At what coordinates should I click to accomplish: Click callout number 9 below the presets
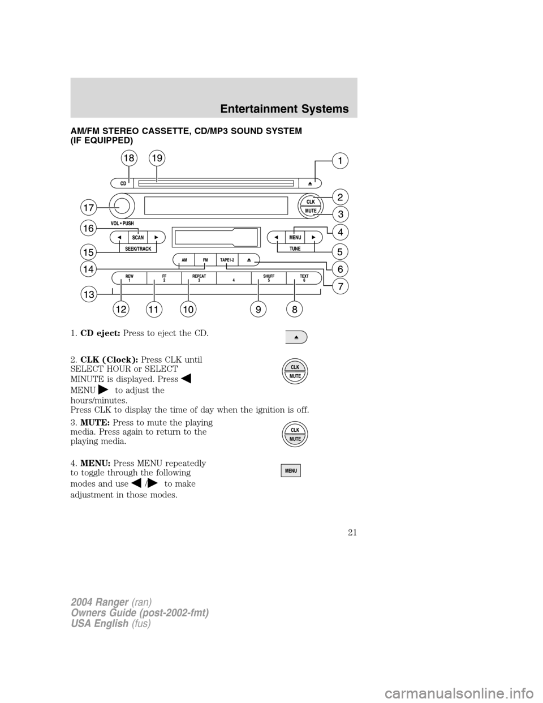click(x=257, y=309)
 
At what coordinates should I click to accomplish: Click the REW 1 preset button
click(x=130, y=278)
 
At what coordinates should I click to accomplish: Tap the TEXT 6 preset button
click(x=304, y=278)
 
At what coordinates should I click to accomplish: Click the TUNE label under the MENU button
click(x=295, y=248)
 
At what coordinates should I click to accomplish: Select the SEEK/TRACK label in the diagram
click(x=138, y=248)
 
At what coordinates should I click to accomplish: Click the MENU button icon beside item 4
click(x=291, y=471)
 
